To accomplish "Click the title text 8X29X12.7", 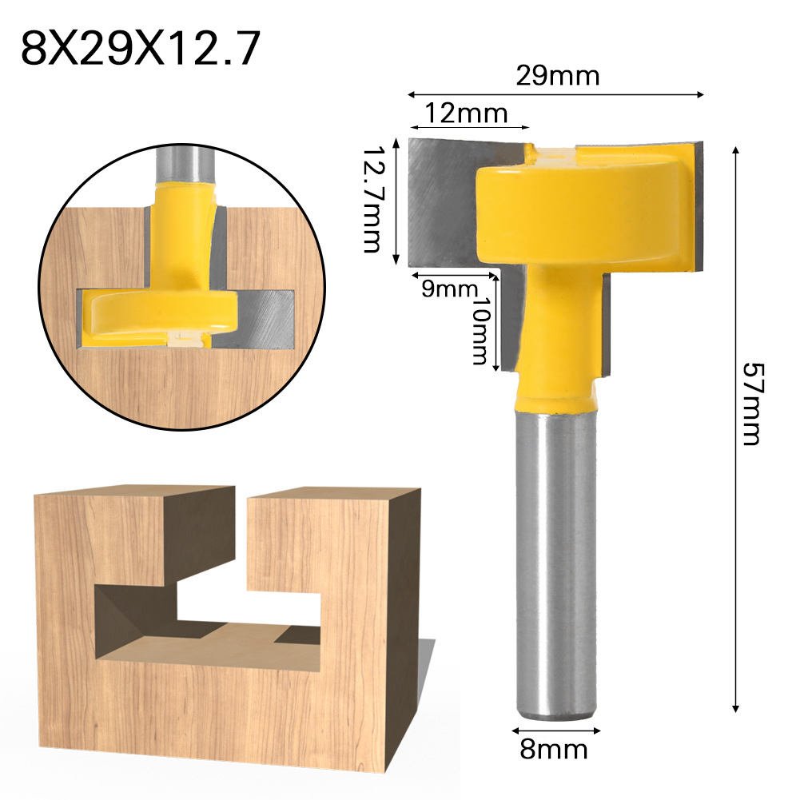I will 141,50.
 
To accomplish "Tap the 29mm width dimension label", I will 557,77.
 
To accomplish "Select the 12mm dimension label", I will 466,113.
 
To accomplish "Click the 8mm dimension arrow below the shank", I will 557,729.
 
